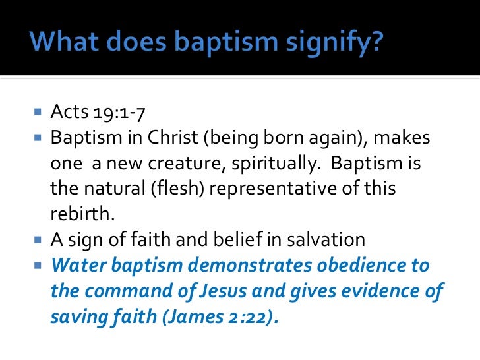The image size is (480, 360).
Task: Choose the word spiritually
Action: tap(266, 164)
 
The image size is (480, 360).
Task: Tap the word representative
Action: tap(262, 189)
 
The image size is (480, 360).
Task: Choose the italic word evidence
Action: tap(369, 290)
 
